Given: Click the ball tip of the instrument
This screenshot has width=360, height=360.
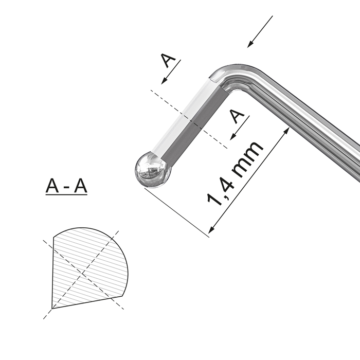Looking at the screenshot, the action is point(153,170).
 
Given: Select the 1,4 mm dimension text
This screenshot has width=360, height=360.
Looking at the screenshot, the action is point(235,174).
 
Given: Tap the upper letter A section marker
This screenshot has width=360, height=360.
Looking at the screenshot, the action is point(168,60).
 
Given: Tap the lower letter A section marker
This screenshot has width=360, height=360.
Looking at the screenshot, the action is point(237,116).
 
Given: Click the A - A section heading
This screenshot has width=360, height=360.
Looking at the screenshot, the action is point(66,186).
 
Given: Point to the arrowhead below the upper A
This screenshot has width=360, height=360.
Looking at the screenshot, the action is point(164,81).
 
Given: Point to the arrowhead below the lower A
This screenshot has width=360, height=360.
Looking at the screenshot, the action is point(233,137).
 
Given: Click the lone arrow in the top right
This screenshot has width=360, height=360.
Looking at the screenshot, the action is point(260,32).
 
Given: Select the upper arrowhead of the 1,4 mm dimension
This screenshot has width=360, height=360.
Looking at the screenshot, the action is point(286,131).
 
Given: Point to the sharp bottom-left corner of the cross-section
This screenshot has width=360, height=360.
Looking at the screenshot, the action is point(52,309).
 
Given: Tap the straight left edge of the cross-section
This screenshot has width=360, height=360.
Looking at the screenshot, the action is point(53,273).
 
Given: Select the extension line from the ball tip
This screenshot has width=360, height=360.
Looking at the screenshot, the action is point(177,212).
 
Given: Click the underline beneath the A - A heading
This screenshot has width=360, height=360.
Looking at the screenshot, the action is point(66,195).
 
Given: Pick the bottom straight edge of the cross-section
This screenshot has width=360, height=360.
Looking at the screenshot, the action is point(87,302).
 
